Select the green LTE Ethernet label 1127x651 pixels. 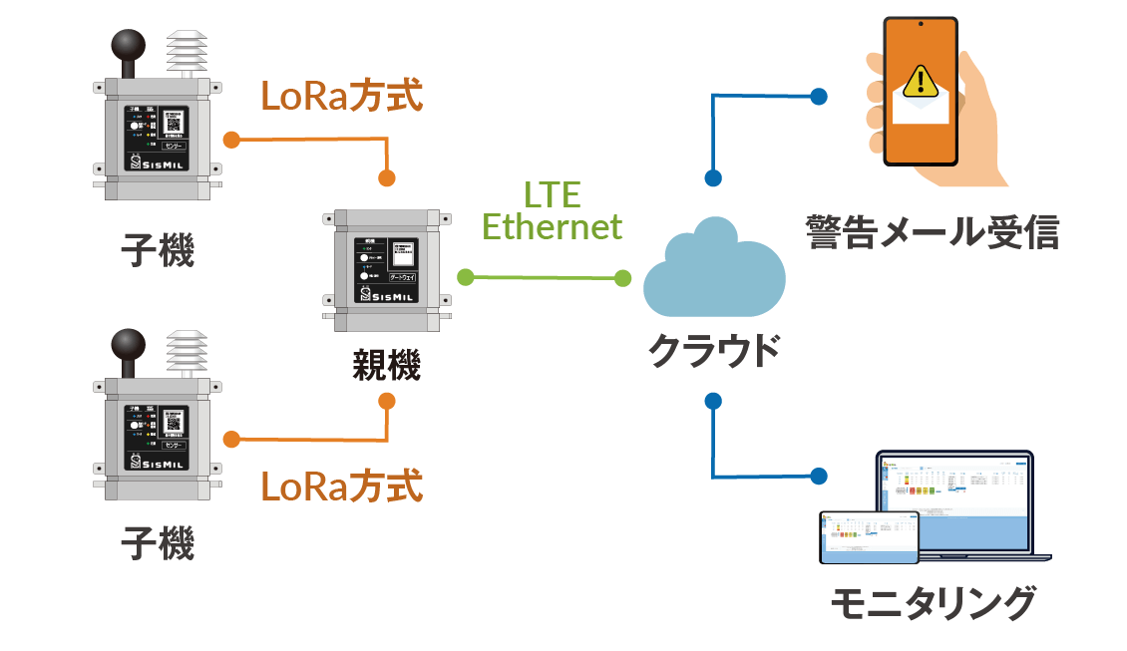552,210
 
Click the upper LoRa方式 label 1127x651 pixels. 341,96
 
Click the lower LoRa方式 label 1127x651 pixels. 341,488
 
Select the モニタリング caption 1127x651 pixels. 933,604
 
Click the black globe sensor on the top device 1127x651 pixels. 129,47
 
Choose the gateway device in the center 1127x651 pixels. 387,269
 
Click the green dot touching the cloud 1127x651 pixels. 623,278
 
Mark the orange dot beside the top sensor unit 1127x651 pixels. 231,139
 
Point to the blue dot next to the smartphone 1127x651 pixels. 819,96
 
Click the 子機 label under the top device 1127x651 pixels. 158,250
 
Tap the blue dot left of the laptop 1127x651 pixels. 819,476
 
